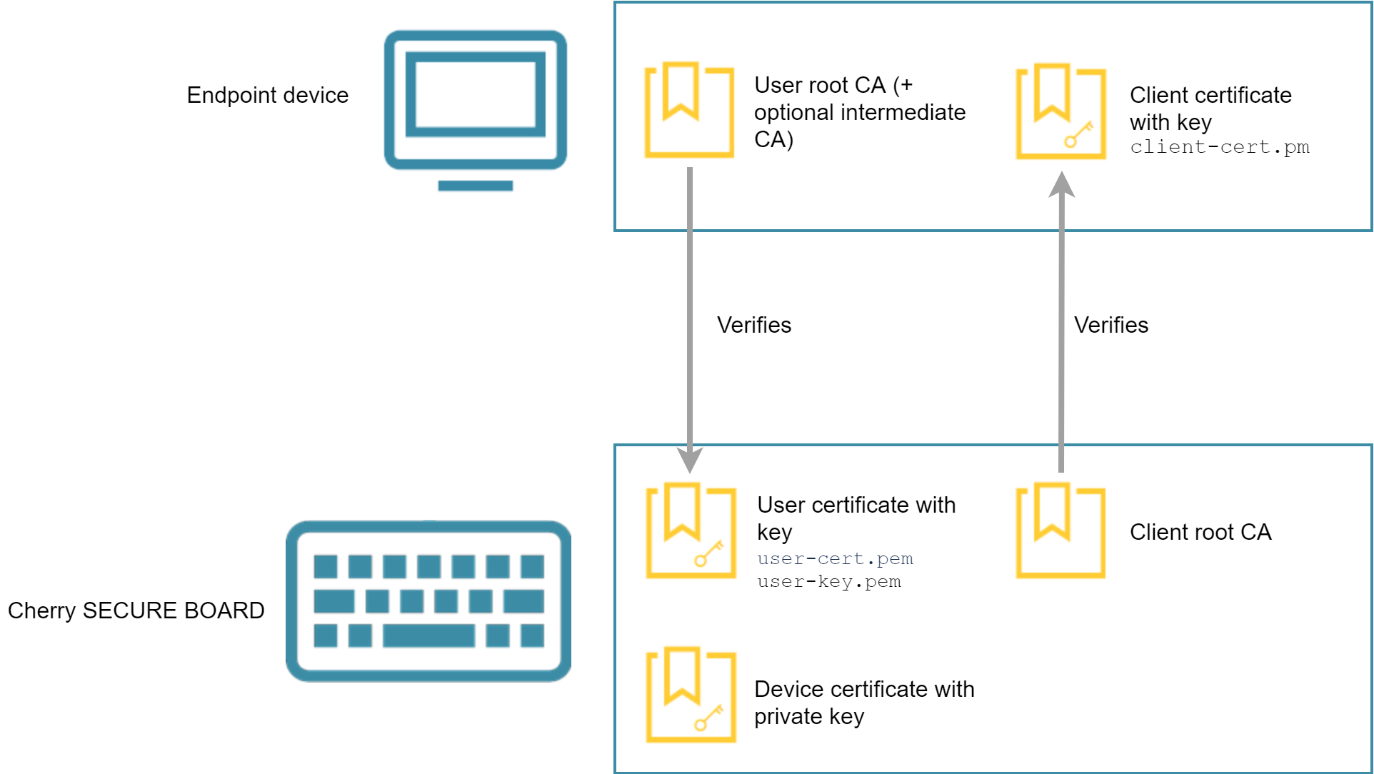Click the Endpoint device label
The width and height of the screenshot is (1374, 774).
(x=267, y=95)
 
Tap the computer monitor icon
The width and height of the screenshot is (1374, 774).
(x=475, y=100)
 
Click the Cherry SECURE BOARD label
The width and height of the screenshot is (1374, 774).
(x=136, y=610)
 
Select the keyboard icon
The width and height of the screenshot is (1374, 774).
(x=428, y=600)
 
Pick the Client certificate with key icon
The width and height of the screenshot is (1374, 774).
(x=1061, y=111)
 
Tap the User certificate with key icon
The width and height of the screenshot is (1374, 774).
(x=691, y=531)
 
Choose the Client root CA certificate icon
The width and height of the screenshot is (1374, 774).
(x=1060, y=531)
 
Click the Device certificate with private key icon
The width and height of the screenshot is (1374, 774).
(x=691, y=695)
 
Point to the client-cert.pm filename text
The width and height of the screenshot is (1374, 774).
(x=1219, y=147)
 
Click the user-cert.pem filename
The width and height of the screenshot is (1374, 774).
(x=835, y=558)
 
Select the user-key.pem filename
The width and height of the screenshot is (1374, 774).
(x=828, y=582)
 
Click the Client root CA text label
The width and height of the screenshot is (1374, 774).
(x=1200, y=532)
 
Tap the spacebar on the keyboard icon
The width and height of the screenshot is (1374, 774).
(x=428, y=635)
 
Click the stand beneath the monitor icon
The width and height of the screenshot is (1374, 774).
(x=475, y=186)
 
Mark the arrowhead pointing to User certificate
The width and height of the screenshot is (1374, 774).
(x=690, y=460)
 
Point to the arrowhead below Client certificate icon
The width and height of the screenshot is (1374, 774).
(x=1062, y=184)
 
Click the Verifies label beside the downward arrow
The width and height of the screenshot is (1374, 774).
(x=754, y=325)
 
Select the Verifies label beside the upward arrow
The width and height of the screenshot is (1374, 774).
(x=1111, y=325)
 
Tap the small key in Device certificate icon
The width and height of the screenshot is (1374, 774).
(x=708, y=718)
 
